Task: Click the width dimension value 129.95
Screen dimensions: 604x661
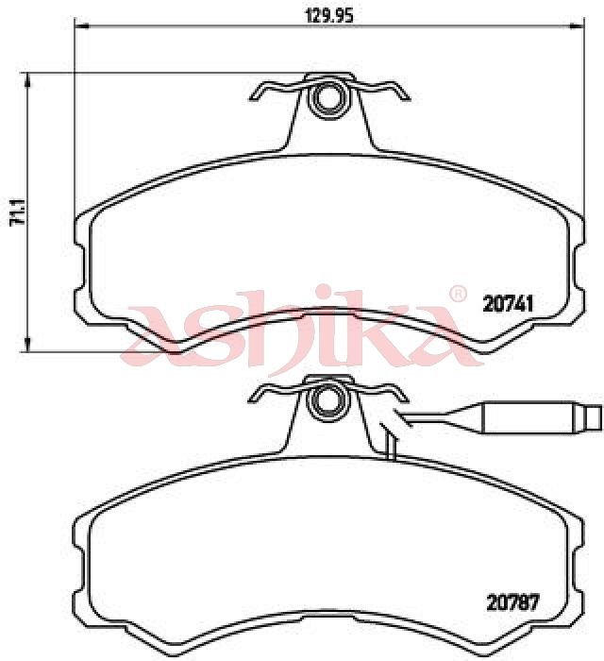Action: coord(329,16)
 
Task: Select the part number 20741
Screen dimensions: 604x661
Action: coord(508,303)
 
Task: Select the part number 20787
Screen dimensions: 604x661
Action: coord(512,602)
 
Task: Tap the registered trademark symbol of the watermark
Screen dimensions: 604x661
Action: coord(458,294)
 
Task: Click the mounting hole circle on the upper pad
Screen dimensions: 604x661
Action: coord(327,98)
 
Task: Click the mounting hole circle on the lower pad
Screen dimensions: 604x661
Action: coord(327,400)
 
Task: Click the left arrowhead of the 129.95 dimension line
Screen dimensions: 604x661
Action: coord(81,26)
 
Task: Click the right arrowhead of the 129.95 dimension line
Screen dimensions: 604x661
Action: coord(578,26)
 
